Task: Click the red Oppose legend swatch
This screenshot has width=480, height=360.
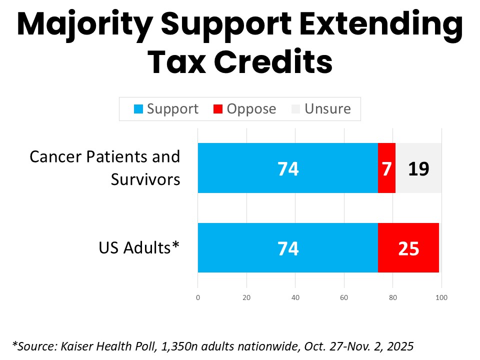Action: coord(218,109)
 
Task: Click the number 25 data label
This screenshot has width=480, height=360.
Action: coord(408,248)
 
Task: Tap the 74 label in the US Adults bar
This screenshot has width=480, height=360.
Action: coord(288,248)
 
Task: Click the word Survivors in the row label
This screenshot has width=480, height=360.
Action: coord(145,179)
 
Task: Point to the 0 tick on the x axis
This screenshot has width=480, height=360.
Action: coord(198,298)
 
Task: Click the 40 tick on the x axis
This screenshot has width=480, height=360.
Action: coord(295,298)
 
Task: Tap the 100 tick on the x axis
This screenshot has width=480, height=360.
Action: coord(441,298)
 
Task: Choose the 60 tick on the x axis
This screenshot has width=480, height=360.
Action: coord(344,298)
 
